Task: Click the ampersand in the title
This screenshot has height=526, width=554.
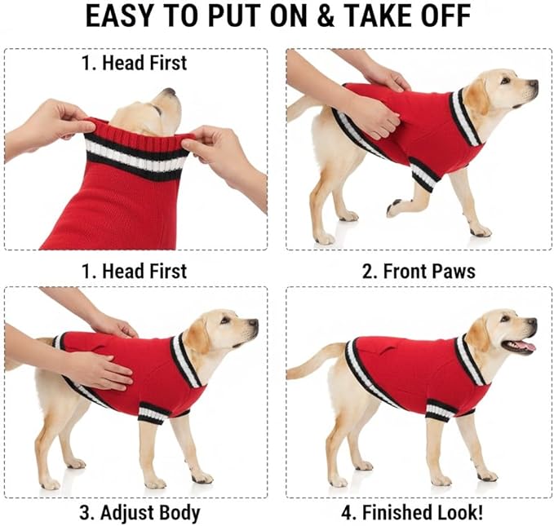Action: [326, 15]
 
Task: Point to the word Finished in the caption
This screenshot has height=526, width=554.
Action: [397, 512]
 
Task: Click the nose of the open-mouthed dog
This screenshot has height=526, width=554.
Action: [532, 322]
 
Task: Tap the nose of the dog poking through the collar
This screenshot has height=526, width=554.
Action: [169, 91]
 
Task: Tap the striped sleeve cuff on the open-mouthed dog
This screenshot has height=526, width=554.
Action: [439, 409]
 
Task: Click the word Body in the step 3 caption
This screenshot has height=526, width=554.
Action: [179, 513]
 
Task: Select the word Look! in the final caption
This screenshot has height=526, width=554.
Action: [459, 512]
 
